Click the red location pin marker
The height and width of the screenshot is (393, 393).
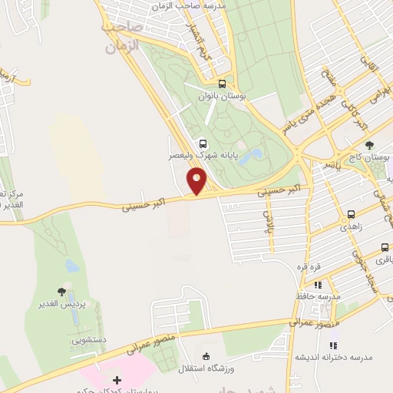pyautogui.click(x=197, y=181)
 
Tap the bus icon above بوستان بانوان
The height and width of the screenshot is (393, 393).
pyautogui.click(x=223, y=84)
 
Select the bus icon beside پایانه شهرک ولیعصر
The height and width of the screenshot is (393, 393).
pyautogui.click(x=203, y=142)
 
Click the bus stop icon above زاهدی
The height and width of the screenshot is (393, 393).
pyautogui.click(x=351, y=215)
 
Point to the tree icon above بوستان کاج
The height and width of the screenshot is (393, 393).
pyautogui.click(x=370, y=145)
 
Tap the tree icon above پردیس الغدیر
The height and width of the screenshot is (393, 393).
pyautogui.click(x=62, y=292)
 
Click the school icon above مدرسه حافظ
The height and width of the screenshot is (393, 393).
pyautogui.click(x=318, y=284)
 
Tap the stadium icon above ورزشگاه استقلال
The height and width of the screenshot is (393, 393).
pyautogui.click(x=205, y=355)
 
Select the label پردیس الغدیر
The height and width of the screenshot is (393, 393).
pyautogui.click(x=62, y=304)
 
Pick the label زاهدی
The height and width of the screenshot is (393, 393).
pyautogui.click(x=355, y=228)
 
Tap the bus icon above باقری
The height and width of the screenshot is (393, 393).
pyautogui.click(x=385, y=248)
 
